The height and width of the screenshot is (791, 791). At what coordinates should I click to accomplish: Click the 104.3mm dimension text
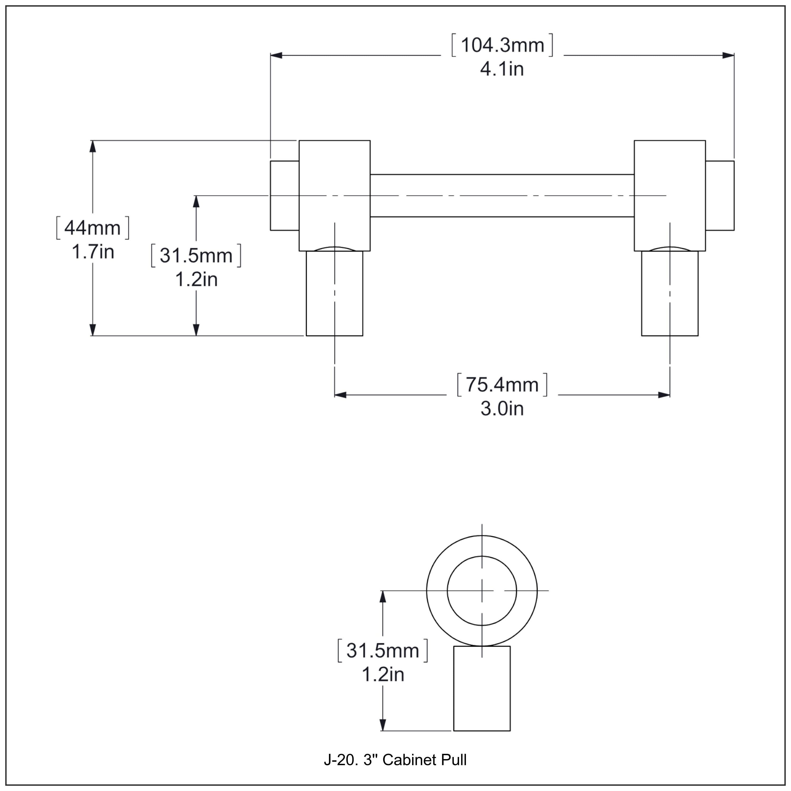(x=502, y=45)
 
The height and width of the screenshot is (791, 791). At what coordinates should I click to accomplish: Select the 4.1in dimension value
(x=502, y=69)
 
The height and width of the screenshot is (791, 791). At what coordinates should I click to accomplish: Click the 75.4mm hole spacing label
(x=502, y=385)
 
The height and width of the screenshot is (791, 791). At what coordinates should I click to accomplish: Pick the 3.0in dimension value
(x=502, y=409)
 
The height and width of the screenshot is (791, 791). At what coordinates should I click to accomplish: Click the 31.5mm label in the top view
(x=196, y=255)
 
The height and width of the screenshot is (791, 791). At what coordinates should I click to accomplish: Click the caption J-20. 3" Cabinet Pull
(x=395, y=760)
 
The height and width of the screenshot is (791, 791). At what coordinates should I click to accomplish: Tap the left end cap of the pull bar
(x=284, y=196)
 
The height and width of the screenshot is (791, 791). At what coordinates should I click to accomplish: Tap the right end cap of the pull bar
(x=720, y=196)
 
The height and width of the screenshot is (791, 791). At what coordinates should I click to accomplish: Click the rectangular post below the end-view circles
(x=482, y=688)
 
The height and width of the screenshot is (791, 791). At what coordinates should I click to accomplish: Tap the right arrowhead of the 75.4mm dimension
(x=664, y=395)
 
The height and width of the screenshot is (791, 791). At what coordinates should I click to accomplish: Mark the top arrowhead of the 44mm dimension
(x=93, y=146)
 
